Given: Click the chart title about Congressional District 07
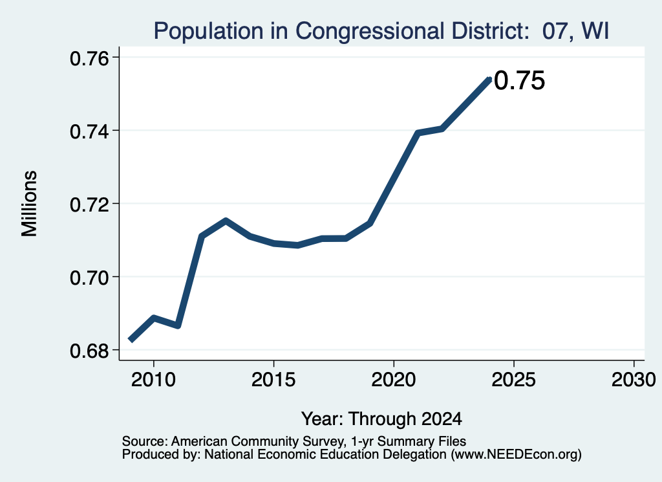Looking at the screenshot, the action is click(x=381, y=31).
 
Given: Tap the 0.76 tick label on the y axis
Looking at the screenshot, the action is click(x=90, y=58).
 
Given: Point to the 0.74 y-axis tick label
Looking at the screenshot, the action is click(x=90, y=131).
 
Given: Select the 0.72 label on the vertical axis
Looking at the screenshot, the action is click(x=90, y=205).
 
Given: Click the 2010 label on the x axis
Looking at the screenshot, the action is click(x=153, y=380).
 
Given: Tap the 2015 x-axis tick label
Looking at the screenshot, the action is click(x=273, y=380).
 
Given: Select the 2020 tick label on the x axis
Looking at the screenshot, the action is click(x=394, y=380).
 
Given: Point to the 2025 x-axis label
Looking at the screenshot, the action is click(x=514, y=380).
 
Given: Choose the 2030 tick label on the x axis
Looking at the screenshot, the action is click(x=634, y=380).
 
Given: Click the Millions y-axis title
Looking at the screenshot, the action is click(x=30, y=204).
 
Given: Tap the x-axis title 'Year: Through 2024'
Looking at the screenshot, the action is click(x=381, y=419).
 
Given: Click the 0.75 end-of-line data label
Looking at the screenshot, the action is click(x=520, y=81).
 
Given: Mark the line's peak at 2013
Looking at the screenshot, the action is click(x=226, y=221).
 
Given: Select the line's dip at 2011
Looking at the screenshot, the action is click(x=178, y=325).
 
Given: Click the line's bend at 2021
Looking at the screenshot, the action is click(x=418, y=133).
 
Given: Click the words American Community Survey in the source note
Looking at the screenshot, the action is click(x=257, y=441).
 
